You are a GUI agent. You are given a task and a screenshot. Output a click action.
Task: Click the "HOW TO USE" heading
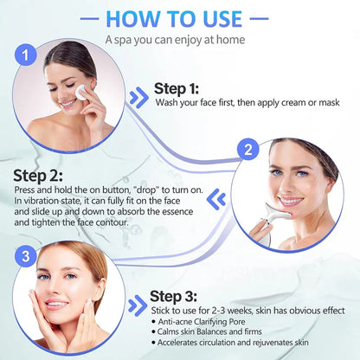pos(180,19)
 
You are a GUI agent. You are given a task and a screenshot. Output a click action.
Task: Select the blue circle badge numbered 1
pos(29,55)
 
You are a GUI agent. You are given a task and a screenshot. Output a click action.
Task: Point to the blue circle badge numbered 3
pos(29,256)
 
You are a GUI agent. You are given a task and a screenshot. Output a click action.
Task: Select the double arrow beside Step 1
pos(138,96)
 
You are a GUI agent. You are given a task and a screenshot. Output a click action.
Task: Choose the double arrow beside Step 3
pos(136,305)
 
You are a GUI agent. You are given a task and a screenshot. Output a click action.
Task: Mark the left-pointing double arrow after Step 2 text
pos(219,199)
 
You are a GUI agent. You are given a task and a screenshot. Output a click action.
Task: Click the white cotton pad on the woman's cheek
pos(83,91)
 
